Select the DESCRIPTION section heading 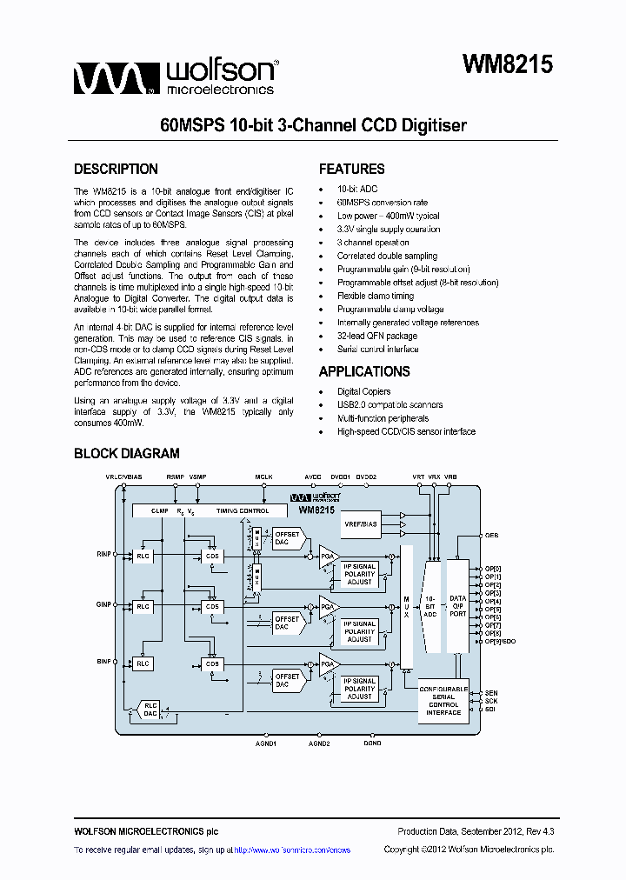(x=116, y=170)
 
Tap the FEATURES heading (x=351, y=170)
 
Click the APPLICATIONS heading (x=364, y=371)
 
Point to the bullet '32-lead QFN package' (x=377, y=336)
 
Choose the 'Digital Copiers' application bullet (x=364, y=391)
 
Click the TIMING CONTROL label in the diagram (x=243, y=511)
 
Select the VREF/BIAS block (x=362, y=523)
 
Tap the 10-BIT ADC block (x=430, y=607)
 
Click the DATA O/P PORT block (x=457, y=607)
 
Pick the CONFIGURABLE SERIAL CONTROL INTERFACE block (x=443, y=699)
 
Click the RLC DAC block (x=150, y=709)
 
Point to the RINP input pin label (x=103, y=553)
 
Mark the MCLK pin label (x=263, y=477)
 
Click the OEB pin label (x=491, y=536)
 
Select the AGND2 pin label (x=319, y=743)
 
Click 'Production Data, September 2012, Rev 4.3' (x=476, y=832)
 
